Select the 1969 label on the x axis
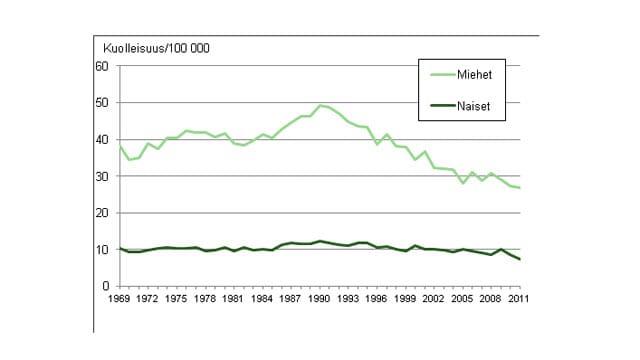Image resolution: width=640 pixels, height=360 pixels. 119,298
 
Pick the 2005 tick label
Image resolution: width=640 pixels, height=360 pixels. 455,298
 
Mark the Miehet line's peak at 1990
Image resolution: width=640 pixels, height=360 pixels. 320,105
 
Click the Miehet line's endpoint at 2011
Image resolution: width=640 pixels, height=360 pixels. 520,188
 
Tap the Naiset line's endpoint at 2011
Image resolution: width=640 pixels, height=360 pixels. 520,260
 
